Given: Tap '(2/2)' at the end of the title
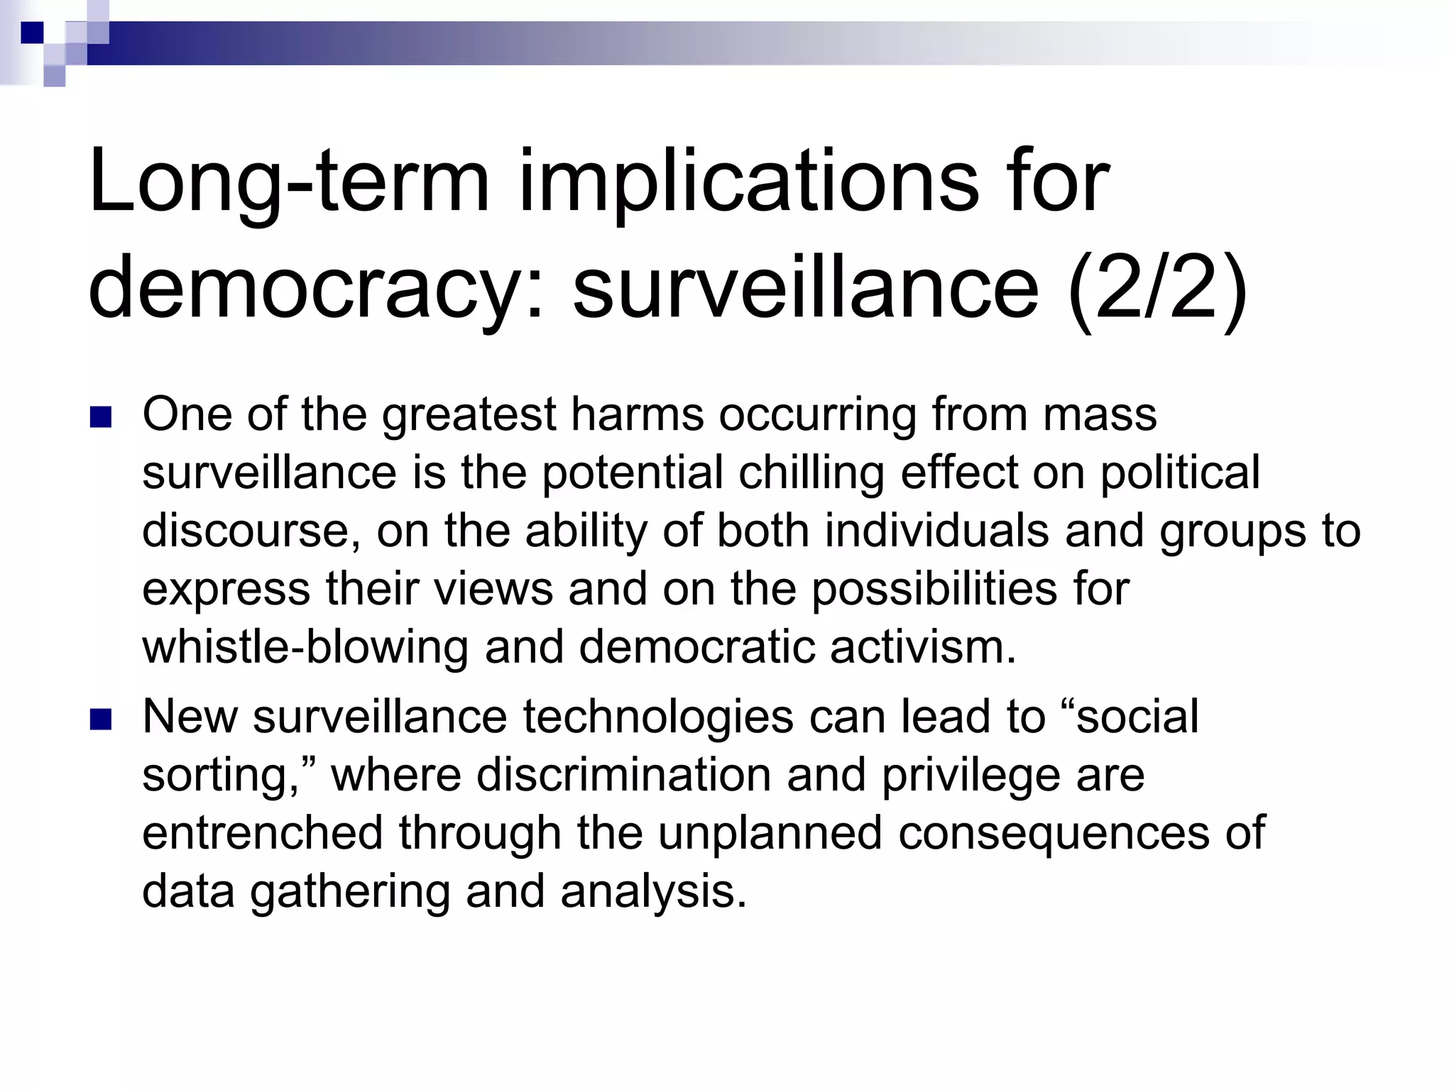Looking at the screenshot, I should (x=1157, y=289).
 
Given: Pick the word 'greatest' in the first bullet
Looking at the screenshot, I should (x=469, y=414).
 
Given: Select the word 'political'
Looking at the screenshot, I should (x=1179, y=473).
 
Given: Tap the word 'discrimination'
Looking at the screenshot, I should (x=623, y=775).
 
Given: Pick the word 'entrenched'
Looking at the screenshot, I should (x=263, y=833).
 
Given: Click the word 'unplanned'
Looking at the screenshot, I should (x=770, y=833).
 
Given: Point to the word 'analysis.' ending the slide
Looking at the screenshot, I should (x=653, y=891).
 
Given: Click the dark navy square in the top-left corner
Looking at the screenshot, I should (x=32, y=33).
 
